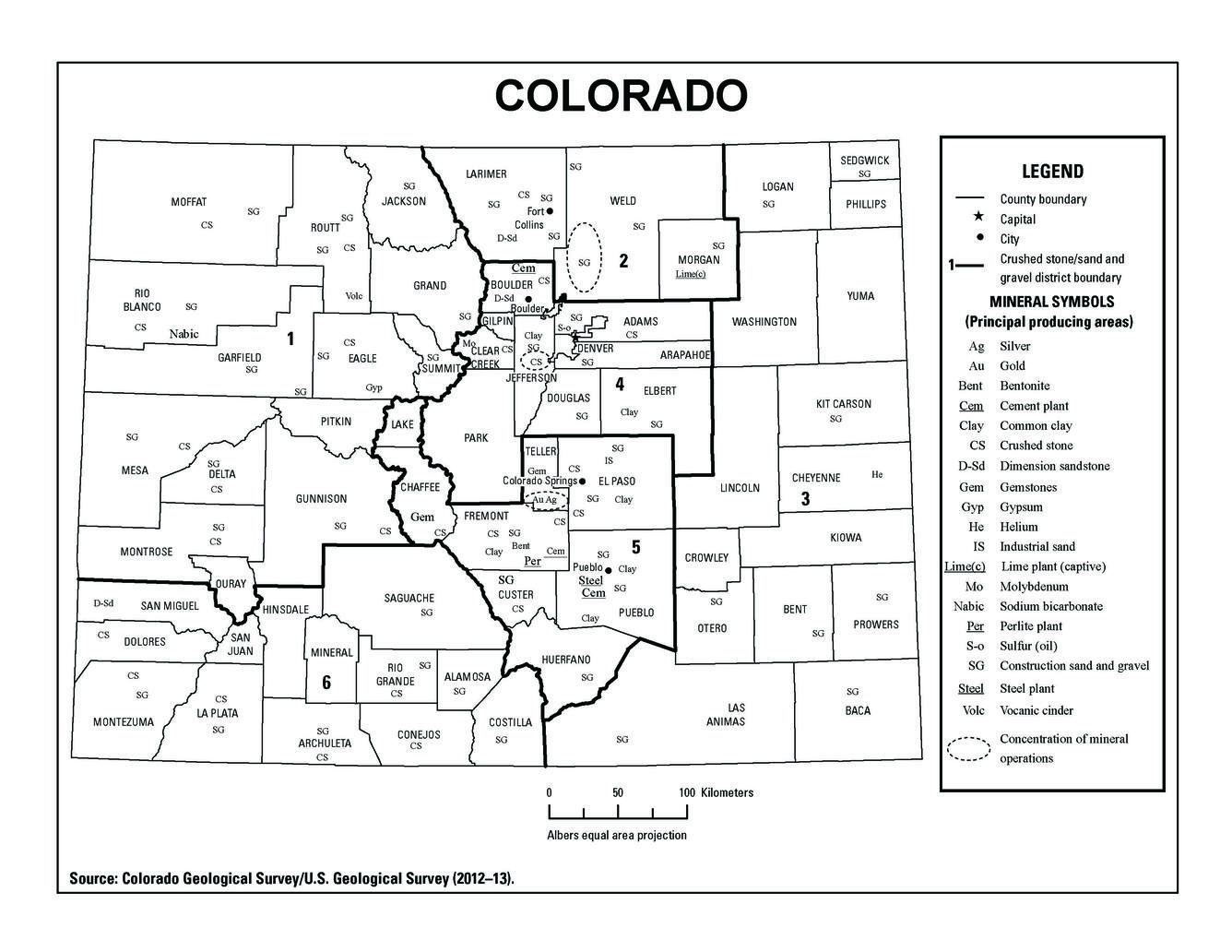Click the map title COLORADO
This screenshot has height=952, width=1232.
point(620,95)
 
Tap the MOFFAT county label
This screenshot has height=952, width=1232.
point(189,202)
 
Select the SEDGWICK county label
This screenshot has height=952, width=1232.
point(864,161)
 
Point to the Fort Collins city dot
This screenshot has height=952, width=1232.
point(550,211)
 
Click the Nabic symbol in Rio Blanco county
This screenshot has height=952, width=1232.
point(184,334)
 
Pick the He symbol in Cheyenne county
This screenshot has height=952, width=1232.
point(877,475)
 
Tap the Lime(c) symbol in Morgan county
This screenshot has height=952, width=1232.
point(690,274)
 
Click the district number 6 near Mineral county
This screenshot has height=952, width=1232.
point(326,683)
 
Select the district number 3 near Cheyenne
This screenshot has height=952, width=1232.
point(805,500)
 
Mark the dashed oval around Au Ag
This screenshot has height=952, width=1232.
point(545,500)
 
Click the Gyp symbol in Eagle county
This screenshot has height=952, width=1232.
point(373,387)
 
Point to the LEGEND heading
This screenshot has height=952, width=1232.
point(1052,172)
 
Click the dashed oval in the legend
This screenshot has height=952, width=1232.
point(969,749)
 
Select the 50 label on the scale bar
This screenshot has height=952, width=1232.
point(618,792)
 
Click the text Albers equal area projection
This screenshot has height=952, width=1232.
point(616,836)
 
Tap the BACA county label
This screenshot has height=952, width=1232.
point(857,710)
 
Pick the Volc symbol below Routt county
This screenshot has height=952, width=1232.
point(354,296)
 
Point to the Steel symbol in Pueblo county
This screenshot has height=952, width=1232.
point(590,580)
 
